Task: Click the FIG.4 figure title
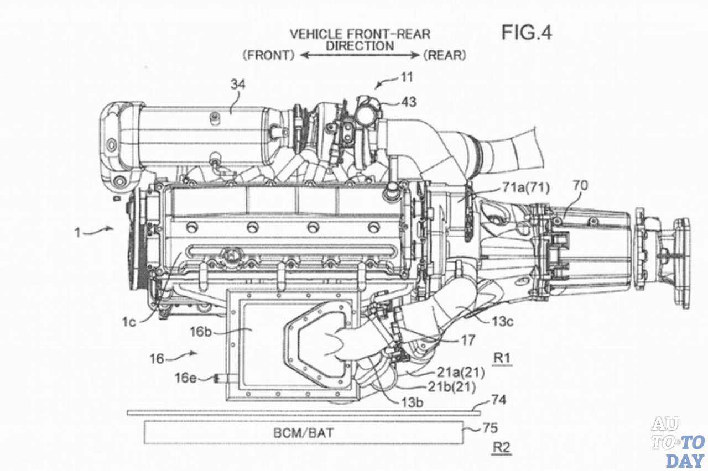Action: tap(527, 33)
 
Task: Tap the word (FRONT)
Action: tap(269, 56)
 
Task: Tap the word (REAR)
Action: tap(445, 55)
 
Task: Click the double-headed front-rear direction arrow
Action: tap(360, 56)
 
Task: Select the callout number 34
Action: tap(238, 85)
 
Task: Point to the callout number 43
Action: tap(409, 102)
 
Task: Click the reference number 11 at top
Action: tap(407, 77)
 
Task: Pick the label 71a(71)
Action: tap(526, 188)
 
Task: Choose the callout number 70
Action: tap(580, 186)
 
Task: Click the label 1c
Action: tap(129, 322)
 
